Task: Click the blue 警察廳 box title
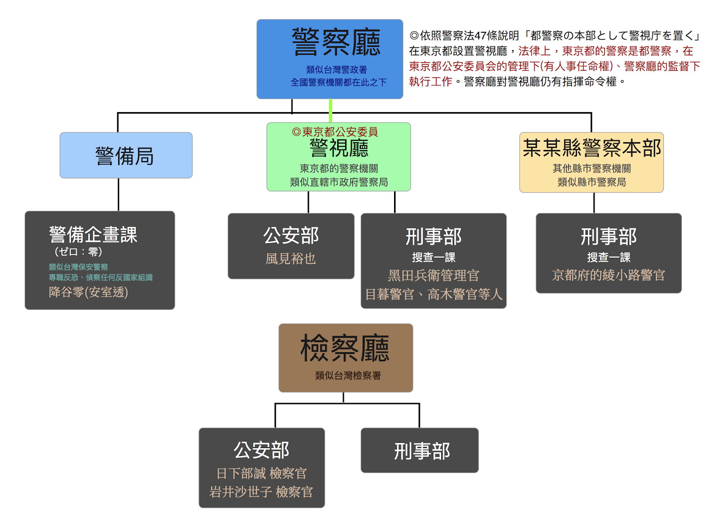coord(336,42)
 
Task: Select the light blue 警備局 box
coord(126,155)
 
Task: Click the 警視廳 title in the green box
coord(339,148)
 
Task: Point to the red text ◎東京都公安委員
coord(335,132)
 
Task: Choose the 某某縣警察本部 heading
coord(592,148)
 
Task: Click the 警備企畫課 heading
coord(93,234)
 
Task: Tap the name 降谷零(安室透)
coord(88,292)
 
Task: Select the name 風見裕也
coord(291,259)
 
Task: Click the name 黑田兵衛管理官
coord(433,275)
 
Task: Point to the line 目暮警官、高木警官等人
coord(434,294)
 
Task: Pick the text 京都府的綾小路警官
coord(608,275)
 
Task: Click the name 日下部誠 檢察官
coord(261,473)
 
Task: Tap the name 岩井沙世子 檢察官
coord(261,492)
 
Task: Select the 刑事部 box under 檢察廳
coord(420,451)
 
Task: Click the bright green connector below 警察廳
coord(330,110)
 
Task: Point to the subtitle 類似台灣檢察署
coord(348,376)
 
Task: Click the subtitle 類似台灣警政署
coord(336,70)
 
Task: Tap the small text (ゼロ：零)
coord(78,252)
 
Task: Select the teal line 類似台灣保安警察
coord(78,267)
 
